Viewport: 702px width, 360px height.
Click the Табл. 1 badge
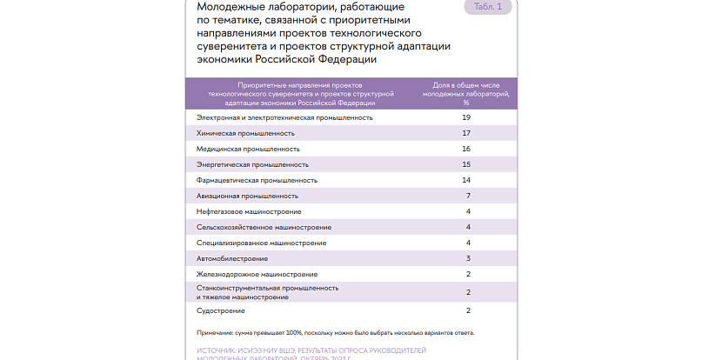click(x=487, y=8)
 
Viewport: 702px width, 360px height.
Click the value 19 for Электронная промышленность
click(x=467, y=117)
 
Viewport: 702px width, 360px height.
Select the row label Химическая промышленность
click(x=246, y=133)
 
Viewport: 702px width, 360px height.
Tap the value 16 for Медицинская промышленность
click(x=467, y=149)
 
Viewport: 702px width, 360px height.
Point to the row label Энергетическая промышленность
click(x=252, y=164)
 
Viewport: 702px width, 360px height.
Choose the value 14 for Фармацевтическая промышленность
click(x=467, y=180)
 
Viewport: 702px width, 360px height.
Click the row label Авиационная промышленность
click(x=248, y=196)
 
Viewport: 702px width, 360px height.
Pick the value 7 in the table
click(x=468, y=196)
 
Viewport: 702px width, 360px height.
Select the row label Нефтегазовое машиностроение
click(x=250, y=211)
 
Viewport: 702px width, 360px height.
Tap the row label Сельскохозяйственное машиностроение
click(x=261, y=227)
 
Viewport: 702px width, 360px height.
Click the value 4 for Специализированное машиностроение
click(x=468, y=243)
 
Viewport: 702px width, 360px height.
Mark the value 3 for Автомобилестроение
click(x=468, y=258)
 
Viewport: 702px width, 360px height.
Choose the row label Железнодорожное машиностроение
click(x=257, y=274)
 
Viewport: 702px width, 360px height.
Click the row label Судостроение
click(x=221, y=310)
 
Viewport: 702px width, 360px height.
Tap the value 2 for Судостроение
click(x=468, y=310)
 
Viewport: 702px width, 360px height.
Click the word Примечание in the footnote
click(x=213, y=332)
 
